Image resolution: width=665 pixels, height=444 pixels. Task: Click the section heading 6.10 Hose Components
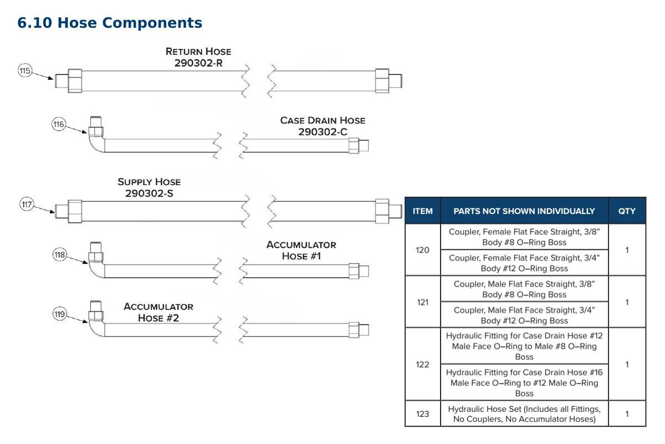pyautogui.click(x=110, y=23)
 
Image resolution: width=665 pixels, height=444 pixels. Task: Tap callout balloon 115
pyautogui.click(x=25, y=71)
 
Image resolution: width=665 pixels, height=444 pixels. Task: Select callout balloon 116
pyautogui.click(x=59, y=124)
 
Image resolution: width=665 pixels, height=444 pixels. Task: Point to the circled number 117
pyautogui.click(x=27, y=205)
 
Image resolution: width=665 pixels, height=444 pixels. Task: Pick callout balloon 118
pyautogui.click(x=60, y=255)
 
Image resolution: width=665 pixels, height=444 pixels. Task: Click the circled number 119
pyautogui.click(x=60, y=314)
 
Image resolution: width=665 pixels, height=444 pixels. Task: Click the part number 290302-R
pyautogui.click(x=198, y=63)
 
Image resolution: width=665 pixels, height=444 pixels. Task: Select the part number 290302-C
pyautogui.click(x=323, y=132)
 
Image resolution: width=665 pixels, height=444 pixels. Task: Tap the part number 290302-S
pyautogui.click(x=149, y=193)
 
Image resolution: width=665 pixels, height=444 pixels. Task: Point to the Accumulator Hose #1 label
pyautogui.click(x=301, y=251)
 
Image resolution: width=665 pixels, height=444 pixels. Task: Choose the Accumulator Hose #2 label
pyautogui.click(x=158, y=312)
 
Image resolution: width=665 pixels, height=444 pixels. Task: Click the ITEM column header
pyautogui.click(x=422, y=211)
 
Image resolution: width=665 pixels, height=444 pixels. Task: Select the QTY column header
pyautogui.click(x=627, y=211)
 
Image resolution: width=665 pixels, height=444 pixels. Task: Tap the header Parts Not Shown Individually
pyautogui.click(x=524, y=211)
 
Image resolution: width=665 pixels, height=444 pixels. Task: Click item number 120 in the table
pyautogui.click(x=422, y=250)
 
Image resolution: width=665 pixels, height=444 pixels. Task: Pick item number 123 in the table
pyautogui.click(x=422, y=414)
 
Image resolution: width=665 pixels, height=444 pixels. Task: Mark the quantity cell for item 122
pyautogui.click(x=627, y=364)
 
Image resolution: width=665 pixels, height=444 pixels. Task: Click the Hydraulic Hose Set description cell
pyautogui.click(x=524, y=414)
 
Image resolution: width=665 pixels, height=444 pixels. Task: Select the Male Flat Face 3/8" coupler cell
pyautogui.click(x=524, y=289)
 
